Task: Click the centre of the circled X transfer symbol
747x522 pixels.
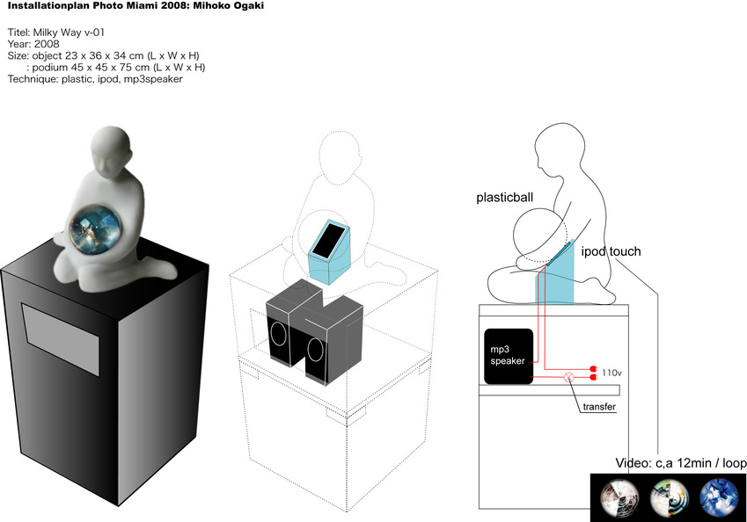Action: [568, 377]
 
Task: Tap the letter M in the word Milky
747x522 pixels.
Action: [38, 33]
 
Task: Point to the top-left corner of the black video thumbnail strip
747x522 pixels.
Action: [590, 474]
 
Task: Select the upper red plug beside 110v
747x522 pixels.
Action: [593, 368]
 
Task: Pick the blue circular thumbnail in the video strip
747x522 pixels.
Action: [719, 497]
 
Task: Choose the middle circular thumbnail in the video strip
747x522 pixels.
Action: [670, 497]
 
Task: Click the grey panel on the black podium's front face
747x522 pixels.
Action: [61, 340]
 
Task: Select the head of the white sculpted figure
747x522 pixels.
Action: [110, 152]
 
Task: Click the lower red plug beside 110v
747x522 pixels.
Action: [593, 377]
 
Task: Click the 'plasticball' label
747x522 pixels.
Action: [504, 198]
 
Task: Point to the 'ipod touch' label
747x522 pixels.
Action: [611, 251]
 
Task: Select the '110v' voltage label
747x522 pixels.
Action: [612, 373]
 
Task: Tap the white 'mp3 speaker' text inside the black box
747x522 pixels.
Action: [508, 355]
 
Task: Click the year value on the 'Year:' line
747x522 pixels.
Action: [47, 44]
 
